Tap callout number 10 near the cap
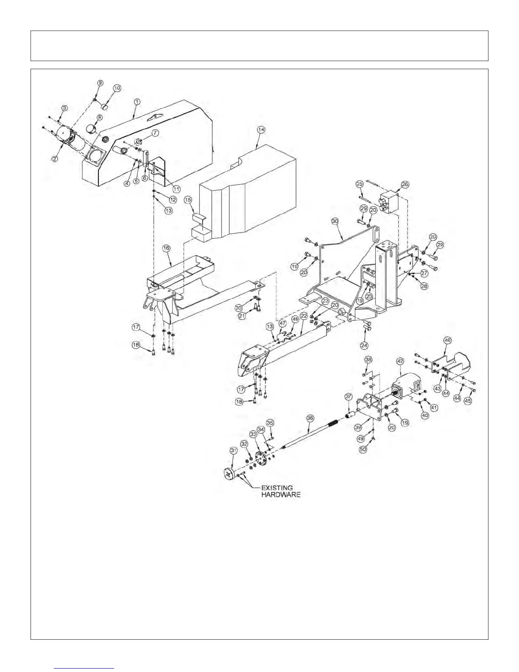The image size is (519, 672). click(117, 88)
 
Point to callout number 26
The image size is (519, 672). click(405, 184)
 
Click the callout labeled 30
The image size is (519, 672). click(335, 221)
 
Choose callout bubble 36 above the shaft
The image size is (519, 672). click(310, 418)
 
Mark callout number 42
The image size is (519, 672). click(399, 361)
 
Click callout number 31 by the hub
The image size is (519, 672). click(233, 450)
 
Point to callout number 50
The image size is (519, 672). click(363, 449)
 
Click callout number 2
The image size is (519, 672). click(55, 159)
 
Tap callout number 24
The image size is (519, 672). click(364, 345)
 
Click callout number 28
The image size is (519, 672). click(424, 286)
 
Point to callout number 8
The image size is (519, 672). click(100, 117)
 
